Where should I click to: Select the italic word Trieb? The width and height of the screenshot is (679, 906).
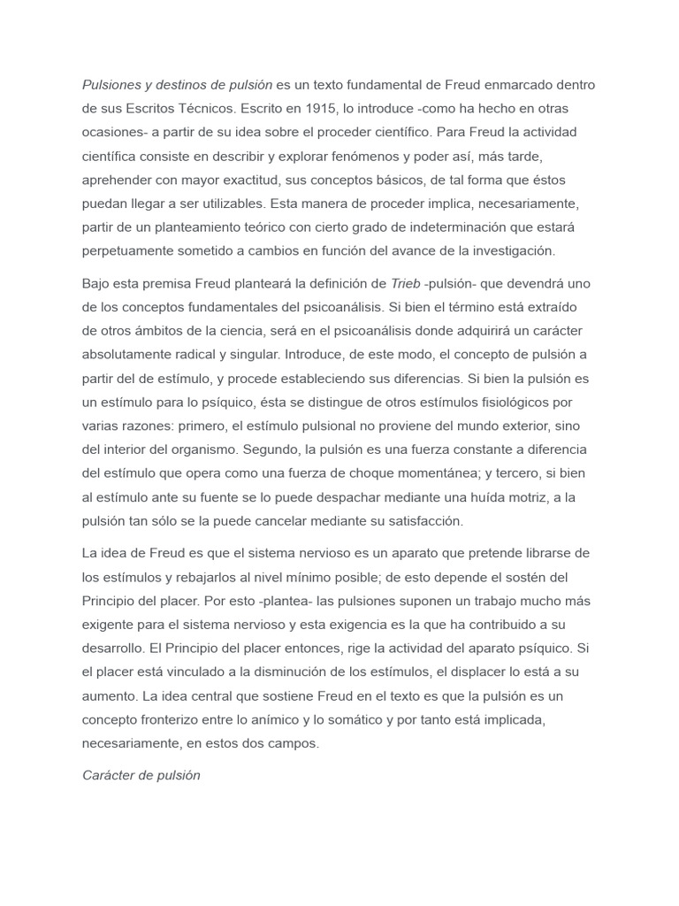coord(405,283)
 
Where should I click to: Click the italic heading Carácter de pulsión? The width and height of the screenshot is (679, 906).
coord(141,775)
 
